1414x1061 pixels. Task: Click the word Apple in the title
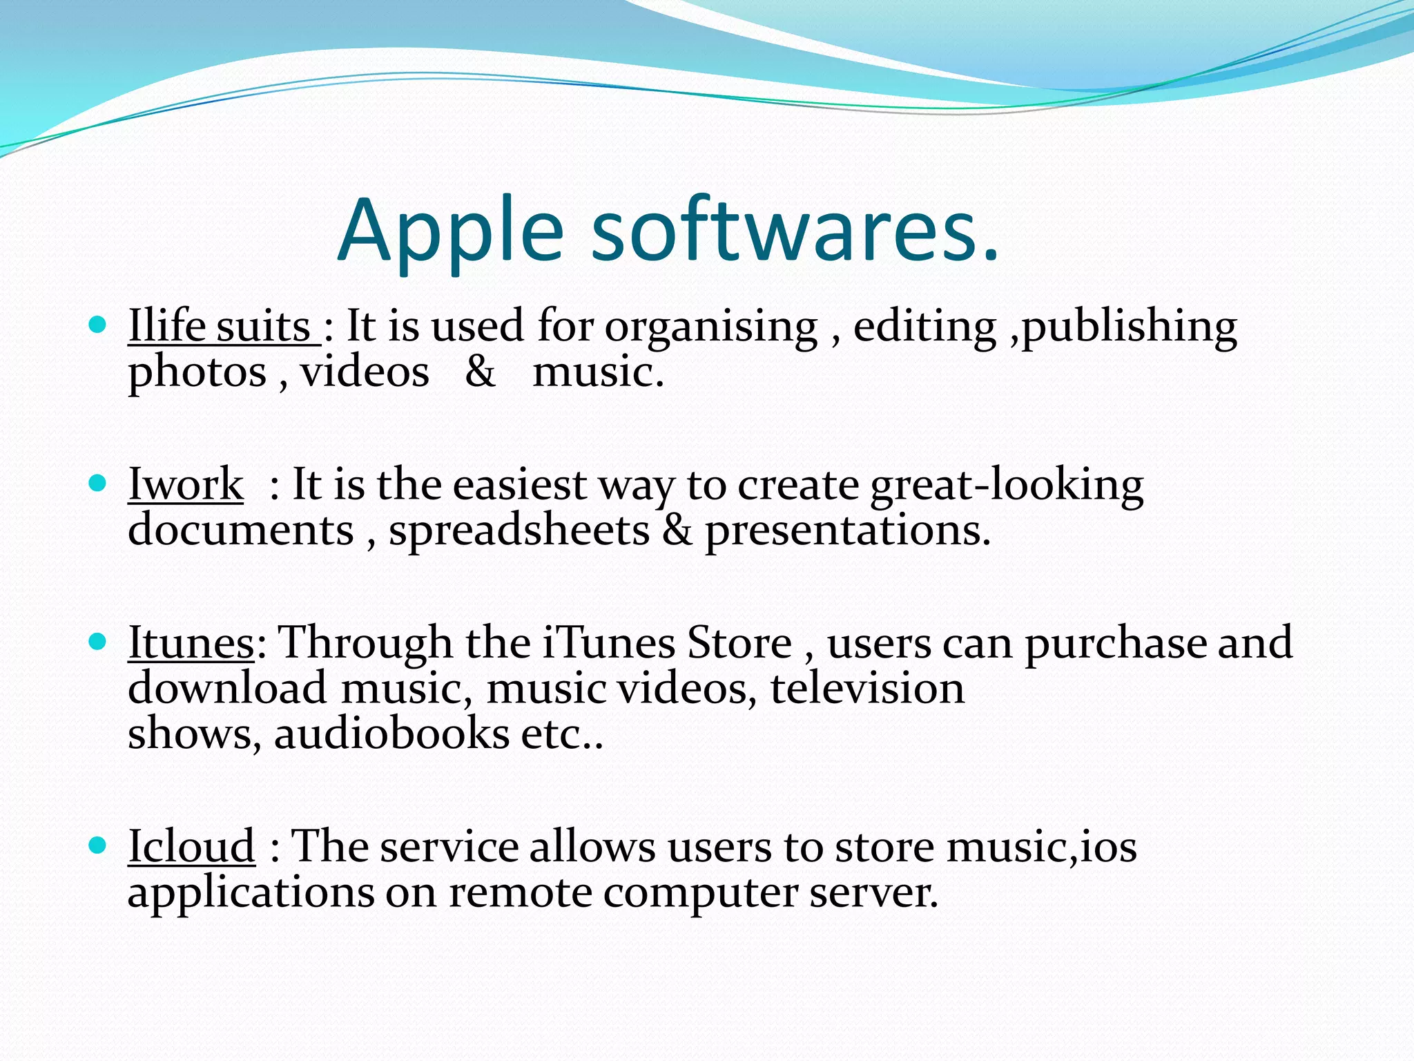click(x=451, y=231)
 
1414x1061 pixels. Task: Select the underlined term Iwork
click(x=186, y=484)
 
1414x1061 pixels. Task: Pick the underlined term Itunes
click(x=191, y=643)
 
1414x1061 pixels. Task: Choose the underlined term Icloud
click(x=191, y=847)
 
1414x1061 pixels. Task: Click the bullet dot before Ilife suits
click(x=98, y=324)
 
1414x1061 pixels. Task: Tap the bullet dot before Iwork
click(x=98, y=482)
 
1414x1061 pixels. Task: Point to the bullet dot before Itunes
click(x=98, y=642)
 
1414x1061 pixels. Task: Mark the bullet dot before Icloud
click(x=98, y=845)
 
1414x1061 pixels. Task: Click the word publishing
click(x=1130, y=327)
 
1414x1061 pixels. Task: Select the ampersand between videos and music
click(x=480, y=372)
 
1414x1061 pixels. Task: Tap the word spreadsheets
click(x=519, y=530)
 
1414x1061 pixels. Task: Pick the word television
click(x=867, y=689)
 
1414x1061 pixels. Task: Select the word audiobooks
click(x=391, y=734)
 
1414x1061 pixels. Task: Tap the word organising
click(x=711, y=327)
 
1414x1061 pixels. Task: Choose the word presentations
click(x=847, y=532)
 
